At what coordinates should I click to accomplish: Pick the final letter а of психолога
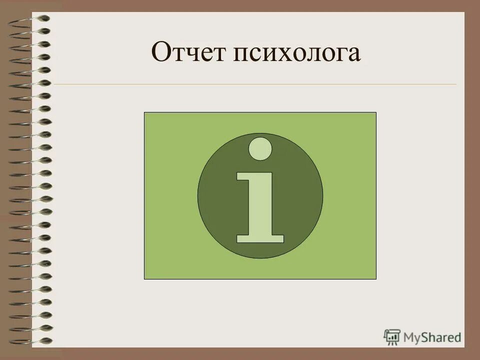point(353,56)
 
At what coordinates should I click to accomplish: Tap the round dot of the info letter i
point(260,148)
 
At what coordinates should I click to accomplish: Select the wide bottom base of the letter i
point(260,238)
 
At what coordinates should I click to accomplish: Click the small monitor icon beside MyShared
point(392,336)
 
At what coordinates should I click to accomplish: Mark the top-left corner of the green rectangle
point(144,112)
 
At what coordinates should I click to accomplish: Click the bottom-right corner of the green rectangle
point(376,278)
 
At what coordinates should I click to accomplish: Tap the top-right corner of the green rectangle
point(376,112)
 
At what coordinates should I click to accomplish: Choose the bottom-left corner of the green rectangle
point(144,278)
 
